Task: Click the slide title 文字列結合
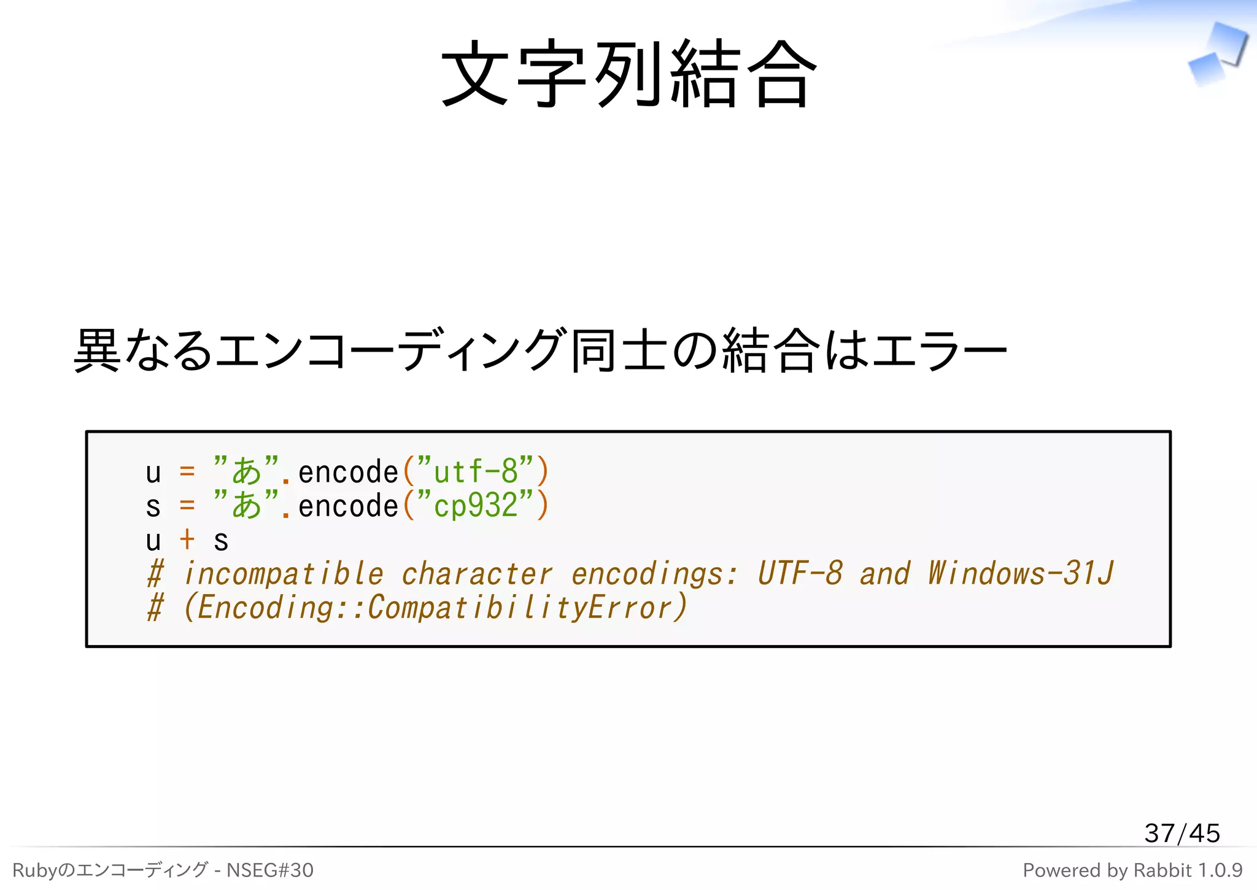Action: (x=628, y=74)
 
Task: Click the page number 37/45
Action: (x=1182, y=833)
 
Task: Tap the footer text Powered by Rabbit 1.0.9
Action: (x=1132, y=870)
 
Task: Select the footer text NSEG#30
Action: (x=269, y=870)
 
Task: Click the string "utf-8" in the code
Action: (x=475, y=471)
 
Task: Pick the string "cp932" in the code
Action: (x=475, y=506)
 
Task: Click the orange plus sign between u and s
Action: (x=187, y=540)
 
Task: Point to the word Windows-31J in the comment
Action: (x=1020, y=573)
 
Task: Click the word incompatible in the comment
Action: (x=284, y=573)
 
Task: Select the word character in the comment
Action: (x=477, y=573)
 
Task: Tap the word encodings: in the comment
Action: (x=654, y=573)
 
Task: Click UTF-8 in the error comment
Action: (x=800, y=573)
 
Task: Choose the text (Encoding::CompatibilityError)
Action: (x=435, y=608)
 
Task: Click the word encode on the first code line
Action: (x=348, y=471)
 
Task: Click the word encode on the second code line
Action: (x=348, y=506)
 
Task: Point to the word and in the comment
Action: (x=884, y=573)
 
